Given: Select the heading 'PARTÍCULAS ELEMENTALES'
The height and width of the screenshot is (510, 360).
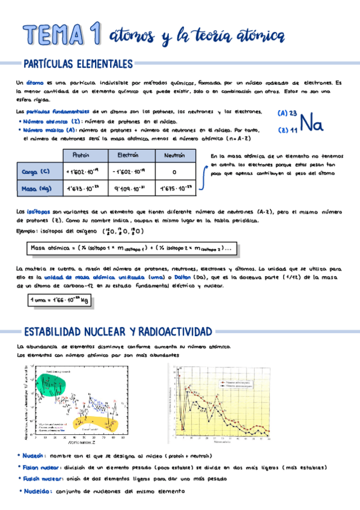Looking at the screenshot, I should (78, 64).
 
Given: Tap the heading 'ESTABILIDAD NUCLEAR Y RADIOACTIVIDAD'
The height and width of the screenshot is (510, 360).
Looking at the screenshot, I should (117, 331).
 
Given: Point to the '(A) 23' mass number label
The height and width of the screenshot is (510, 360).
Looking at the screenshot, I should (288, 113).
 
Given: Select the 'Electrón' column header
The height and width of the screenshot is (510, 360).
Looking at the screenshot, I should (129, 156).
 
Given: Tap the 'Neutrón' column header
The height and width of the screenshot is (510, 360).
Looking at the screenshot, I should (174, 156).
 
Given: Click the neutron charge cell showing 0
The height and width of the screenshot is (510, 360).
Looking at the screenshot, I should (174, 173).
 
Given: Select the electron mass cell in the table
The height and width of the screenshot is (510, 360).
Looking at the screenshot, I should (129, 189).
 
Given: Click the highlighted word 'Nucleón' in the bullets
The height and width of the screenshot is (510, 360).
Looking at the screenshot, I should (34, 456).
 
